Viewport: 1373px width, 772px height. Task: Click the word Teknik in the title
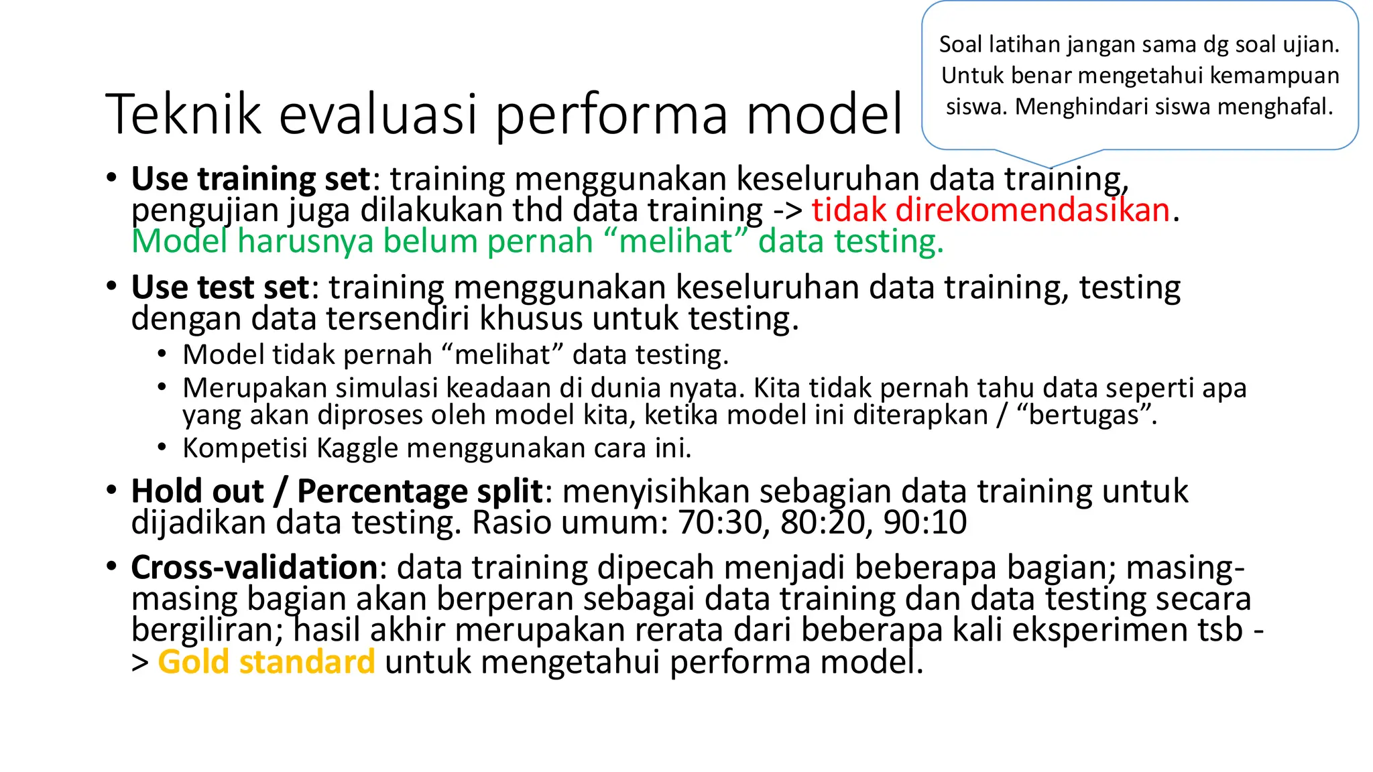pyautogui.click(x=182, y=115)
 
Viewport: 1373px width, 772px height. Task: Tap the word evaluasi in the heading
pyautogui.click(x=378, y=115)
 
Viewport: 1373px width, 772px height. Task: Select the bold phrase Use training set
pyautogui.click(x=251, y=179)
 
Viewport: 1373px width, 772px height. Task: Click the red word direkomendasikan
pyautogui.click(x=1032, y=210)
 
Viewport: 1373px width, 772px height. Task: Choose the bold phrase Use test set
pyautogui.click(x=220, y=287)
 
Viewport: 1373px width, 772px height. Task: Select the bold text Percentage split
pyautogui.click(x=419, y=491)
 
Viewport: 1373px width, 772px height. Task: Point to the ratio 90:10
pyautogui.click(x=925, y=523)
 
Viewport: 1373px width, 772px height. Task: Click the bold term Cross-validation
pyautogui.click(x=255, y=568)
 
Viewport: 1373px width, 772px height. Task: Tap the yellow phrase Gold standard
pyautogui.click(x=266, y=662)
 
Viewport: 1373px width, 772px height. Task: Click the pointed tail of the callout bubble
pyautogui.click(x=1051, y=165)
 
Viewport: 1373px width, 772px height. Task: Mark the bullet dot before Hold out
pyautogui.click(x=111, y=490)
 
